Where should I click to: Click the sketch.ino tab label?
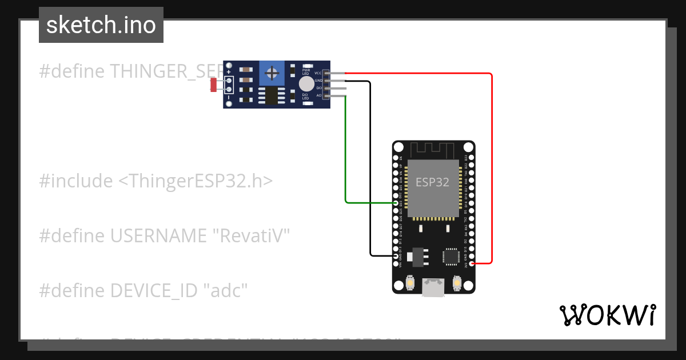point(101,25)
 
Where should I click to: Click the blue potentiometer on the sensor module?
point(273,73)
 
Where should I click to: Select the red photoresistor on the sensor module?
point(213,85)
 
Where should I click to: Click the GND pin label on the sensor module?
point(318,81)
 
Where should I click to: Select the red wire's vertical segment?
point(491,171)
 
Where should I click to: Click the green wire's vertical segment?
point(345,149)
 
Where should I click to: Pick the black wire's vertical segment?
point(370,171)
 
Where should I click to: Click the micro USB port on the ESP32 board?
point(433,287)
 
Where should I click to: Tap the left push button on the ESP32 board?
point(409,282)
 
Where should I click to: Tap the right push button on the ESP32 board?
point(457,282)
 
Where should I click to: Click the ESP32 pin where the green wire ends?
point(397,203)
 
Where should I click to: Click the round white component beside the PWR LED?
point(307,83)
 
